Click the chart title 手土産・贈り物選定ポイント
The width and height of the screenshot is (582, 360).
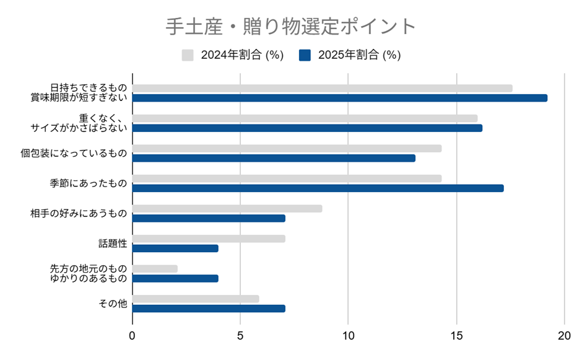290,27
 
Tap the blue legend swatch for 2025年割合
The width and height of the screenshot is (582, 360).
305,55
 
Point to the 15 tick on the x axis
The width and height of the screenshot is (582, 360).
456,335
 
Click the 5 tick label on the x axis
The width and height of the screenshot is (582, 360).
240,335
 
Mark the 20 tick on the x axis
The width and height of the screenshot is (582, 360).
564,335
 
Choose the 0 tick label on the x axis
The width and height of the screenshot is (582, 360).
132,335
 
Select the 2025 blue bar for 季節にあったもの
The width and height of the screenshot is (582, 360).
318,188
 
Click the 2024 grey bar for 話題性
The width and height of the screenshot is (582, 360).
209,239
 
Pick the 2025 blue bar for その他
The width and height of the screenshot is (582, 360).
209,308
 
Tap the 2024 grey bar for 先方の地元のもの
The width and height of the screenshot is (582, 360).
155,268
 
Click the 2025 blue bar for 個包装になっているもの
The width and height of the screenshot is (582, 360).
274,158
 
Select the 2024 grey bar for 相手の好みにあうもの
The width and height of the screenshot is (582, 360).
227,208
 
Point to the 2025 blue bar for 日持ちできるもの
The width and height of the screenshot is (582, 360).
340,98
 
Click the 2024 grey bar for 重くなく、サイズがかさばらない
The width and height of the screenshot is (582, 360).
305,118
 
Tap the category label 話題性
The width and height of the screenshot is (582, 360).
113,244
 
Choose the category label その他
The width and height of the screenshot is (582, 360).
113,304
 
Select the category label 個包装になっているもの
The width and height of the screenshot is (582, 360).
74,153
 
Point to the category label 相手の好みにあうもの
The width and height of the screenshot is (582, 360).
79,213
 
